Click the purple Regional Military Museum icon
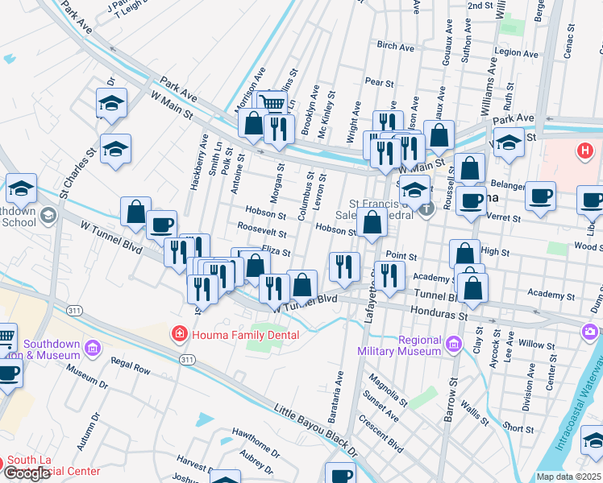tap(453, 345)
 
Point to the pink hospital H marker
tap(585, 151)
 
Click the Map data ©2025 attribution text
tap(568, 477)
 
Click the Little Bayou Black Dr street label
tap(315, 423)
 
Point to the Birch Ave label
tap(395, 47)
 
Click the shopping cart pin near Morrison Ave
tap(273, 103)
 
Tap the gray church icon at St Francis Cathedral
tap(427, 208)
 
